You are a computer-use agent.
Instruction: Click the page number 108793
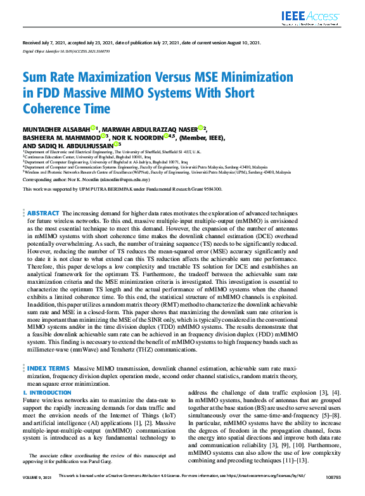point(331,492)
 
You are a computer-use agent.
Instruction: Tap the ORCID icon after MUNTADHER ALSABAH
point(93,127)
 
